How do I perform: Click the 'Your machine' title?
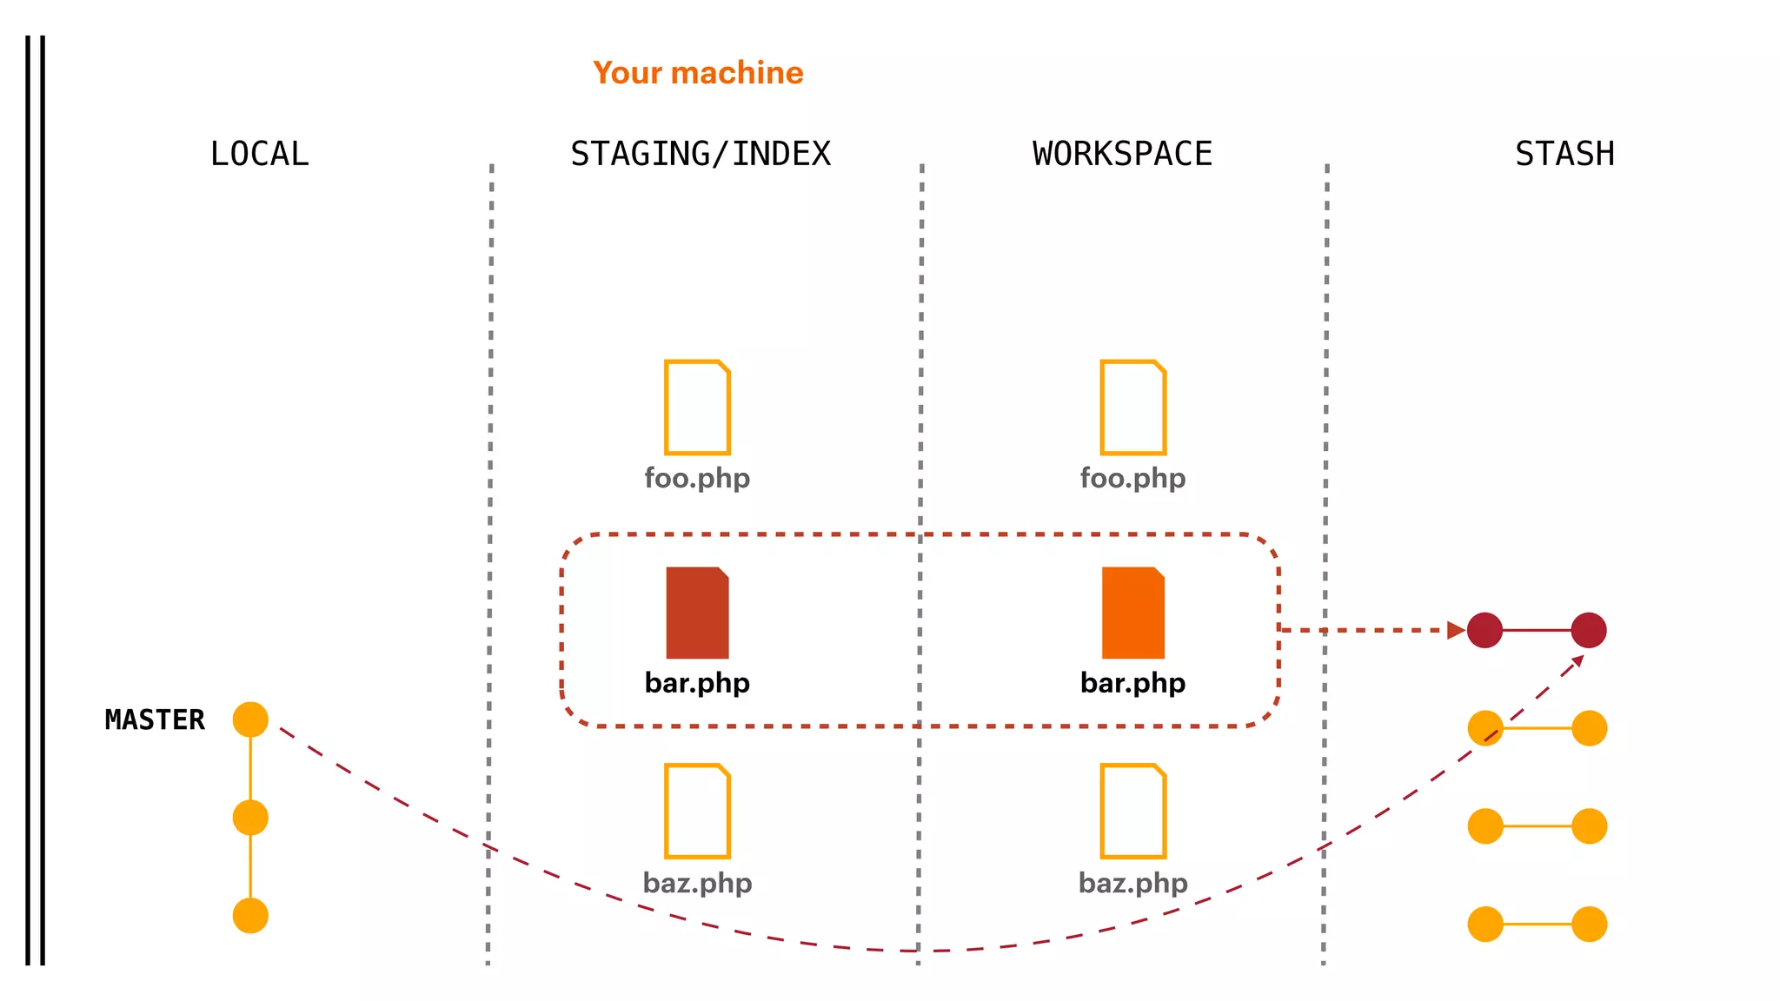coord(698,73)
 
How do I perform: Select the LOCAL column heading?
coord(259,154)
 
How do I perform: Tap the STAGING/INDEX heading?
coord(701,154)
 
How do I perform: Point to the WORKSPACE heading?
coord(1122,154)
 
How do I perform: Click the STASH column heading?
coord(1564,154)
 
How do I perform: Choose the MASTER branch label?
coord(155,719)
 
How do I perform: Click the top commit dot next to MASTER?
coord(250,719)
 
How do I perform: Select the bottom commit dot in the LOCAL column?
coord(250,916)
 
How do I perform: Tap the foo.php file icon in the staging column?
coord(697,407)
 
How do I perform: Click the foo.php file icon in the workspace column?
coord(1132,407)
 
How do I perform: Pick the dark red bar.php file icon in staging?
coord(697,613)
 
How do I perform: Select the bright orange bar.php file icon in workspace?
coord(1132,613)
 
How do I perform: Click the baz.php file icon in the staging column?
coord(697,811)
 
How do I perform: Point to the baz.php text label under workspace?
coord(1132,883)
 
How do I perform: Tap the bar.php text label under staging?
coord(697,683)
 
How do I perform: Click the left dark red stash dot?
coord(1484,630)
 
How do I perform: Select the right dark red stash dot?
coord(1589,630)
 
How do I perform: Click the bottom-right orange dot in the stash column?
coord(1589,925)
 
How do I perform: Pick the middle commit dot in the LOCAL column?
coord(250,818)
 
